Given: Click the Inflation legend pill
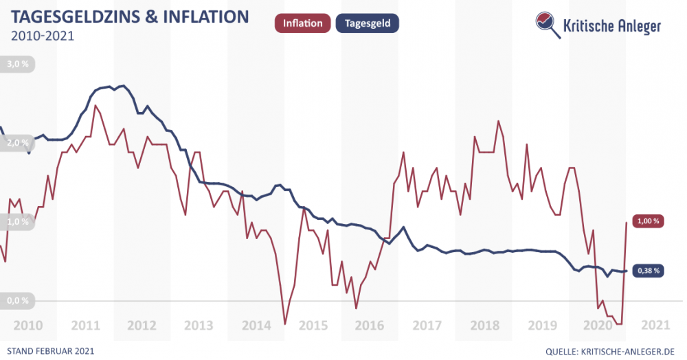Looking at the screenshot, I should (302, 23).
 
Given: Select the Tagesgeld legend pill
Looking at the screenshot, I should (367, 23).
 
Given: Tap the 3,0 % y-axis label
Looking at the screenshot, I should (18, 65).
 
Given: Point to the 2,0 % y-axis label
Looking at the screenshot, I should (18, 143).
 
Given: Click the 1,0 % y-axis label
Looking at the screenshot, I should (18, 222).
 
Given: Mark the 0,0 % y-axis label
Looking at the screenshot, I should (18, 300).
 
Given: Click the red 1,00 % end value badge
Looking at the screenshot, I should (648, 221).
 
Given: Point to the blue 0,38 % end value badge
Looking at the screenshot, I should (648, 271).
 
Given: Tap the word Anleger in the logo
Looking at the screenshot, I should (634, 26).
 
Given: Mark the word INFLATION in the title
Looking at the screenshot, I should (205, 16).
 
